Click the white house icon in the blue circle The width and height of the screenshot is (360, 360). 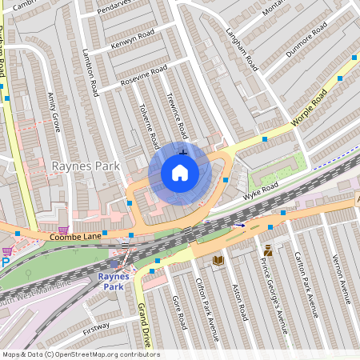coord(180,173)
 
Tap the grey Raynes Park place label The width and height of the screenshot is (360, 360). coord(86,166)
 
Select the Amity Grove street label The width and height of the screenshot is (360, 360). coord(55,111)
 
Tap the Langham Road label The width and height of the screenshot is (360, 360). coord(241,49)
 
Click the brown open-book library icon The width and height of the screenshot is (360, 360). coord(218,260)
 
